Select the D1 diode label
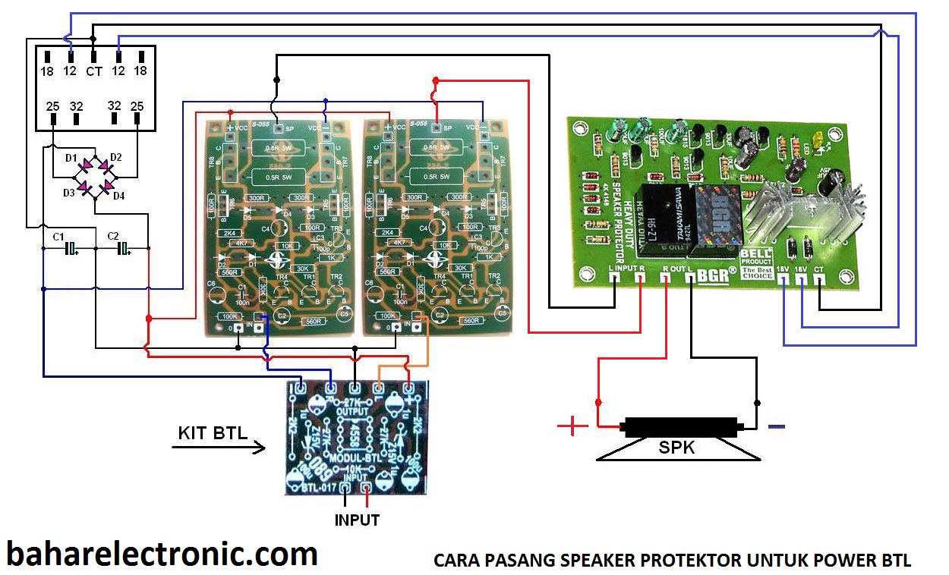click(71, 158)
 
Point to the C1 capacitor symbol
click(71, 249)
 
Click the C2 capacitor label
click(113, 236)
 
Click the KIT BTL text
click(213, 433)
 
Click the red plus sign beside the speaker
click(572, 426)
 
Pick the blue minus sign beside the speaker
click(776, 427)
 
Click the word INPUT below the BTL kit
click(357, 520)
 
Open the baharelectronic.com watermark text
click(162, 554)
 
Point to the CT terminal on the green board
click(820, 280)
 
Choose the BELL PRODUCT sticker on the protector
click(757, 262)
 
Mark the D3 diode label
click(69, 193)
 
